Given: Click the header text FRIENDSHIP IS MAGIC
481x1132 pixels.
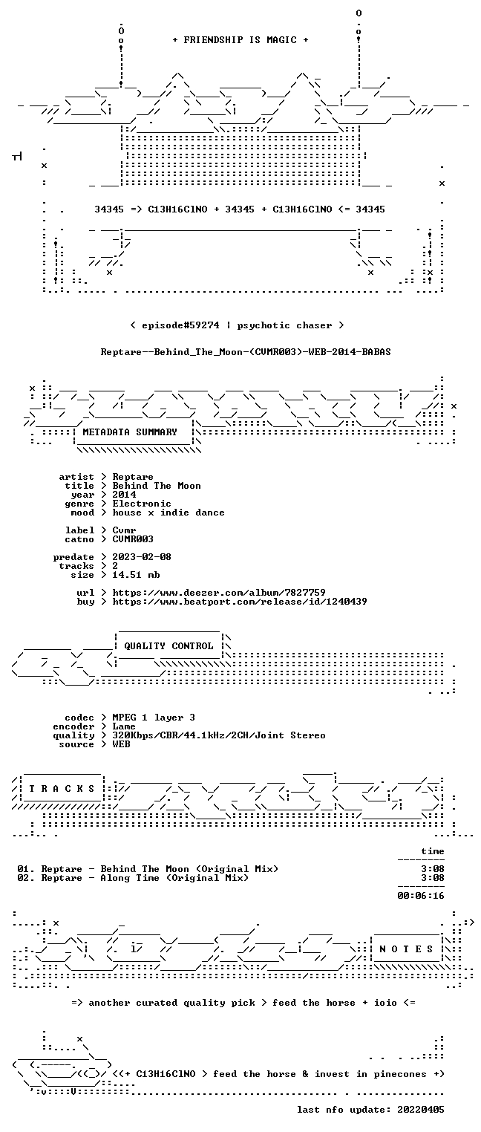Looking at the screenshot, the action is (x=240, y=40).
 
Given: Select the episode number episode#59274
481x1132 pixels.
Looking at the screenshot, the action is (x=180, y=325).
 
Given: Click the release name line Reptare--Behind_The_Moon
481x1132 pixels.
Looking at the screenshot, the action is (x=246, y=352).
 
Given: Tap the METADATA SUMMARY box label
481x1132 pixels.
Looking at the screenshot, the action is (x=130, y=432).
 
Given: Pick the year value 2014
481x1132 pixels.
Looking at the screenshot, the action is (x=124, y=495).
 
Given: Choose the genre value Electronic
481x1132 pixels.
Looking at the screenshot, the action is (x=142, y=504).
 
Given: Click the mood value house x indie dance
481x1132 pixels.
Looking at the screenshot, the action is (x=168, y=513).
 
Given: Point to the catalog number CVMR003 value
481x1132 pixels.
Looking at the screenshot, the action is (x=133, y=539).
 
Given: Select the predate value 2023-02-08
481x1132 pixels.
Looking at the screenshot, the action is (x=142, y=557).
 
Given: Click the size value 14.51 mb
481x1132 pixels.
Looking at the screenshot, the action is (x=136, y=575).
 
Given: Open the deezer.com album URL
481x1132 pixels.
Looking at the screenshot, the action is (x=219, y=593).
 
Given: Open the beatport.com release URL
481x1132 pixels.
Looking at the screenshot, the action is (x=240, y=602).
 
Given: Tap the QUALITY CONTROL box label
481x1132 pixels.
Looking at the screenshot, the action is (x=168, y=645).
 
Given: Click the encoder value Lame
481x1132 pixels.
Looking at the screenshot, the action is (x=124, y=726).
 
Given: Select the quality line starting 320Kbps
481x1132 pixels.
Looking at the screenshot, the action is (x=219, y=736).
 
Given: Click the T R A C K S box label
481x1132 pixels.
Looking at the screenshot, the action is (x=62, y=789).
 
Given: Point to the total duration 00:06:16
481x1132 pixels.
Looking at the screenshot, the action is (x=421, y=896).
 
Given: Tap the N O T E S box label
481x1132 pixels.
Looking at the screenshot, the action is (x=406, y=949).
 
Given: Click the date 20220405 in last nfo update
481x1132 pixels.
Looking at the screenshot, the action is (x=421, y=1109).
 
